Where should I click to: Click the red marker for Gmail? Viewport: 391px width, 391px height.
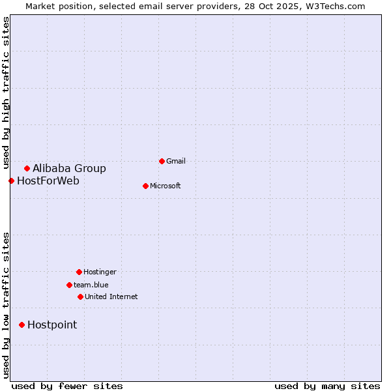click(x=162, y=161)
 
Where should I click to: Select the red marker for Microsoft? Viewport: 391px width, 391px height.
click(x=145, y=186)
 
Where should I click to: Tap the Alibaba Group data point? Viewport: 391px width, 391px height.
click(x=27, y=168)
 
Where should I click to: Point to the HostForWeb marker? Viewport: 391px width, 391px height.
click(x=11, y=181)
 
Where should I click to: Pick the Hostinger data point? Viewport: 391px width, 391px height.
click(x=79, y=272)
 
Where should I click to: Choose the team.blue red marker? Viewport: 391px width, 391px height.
click(x=69, y=285)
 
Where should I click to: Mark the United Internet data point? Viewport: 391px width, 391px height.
click(x=80, y=297)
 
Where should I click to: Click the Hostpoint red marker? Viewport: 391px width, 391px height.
click(x=22, y=325)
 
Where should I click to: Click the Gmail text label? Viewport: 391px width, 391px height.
click(x=176, y=161)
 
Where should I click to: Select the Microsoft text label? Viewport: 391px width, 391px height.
click(x=166, y=186)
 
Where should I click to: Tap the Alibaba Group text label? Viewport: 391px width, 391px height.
click(x=69, y=168)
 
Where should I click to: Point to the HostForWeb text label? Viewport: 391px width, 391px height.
click(x=48, y=181)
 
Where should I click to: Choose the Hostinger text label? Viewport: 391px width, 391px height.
click(x=100, y=272)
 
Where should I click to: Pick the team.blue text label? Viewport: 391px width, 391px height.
click(x=91, y=285)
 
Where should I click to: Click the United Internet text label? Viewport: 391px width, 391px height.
click(x=111, y=297)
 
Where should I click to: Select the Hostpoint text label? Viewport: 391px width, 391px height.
click(x=52, y=325)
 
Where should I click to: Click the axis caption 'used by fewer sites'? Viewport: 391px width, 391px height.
click(x=67, y=386)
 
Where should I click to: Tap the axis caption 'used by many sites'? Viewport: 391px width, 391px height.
click(x=327, y=386)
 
